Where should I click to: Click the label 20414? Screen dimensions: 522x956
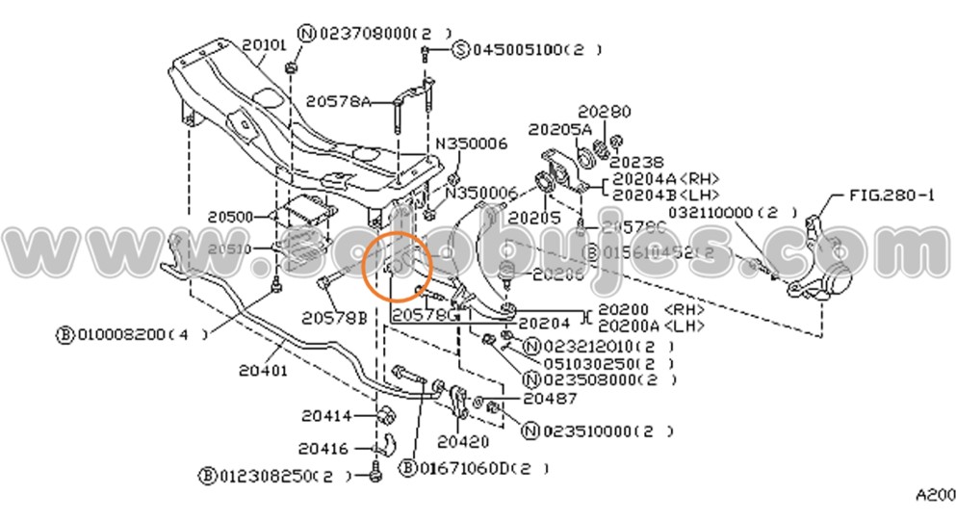tap(323, 416)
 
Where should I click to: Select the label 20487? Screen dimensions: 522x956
tap(550, 398)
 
